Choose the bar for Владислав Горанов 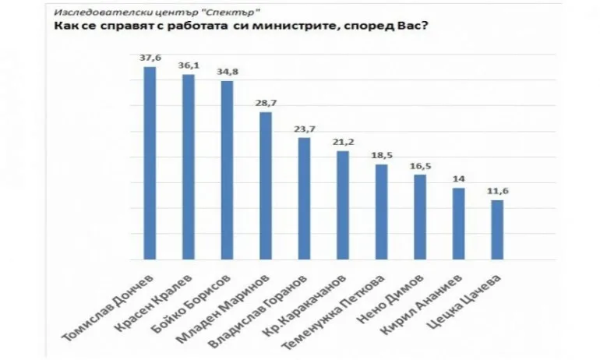304,198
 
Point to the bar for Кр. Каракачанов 342,204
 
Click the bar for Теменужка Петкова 381,211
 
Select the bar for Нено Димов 419,217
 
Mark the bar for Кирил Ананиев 458,223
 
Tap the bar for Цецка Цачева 496,229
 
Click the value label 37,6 150,58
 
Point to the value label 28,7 265,104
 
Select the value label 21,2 342,142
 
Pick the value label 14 458,179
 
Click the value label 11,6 496,191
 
